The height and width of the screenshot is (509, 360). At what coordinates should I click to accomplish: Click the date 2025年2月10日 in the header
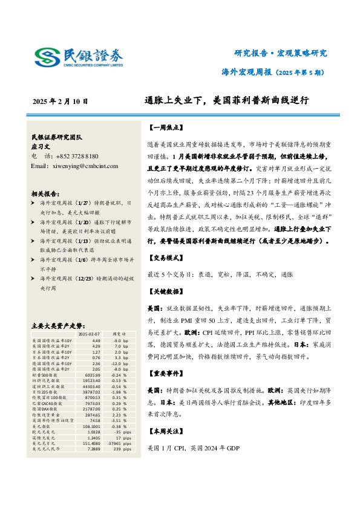point(60,101)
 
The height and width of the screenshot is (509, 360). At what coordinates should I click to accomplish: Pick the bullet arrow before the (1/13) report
point(34,241)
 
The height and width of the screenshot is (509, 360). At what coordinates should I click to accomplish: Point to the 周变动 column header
point(118,333)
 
